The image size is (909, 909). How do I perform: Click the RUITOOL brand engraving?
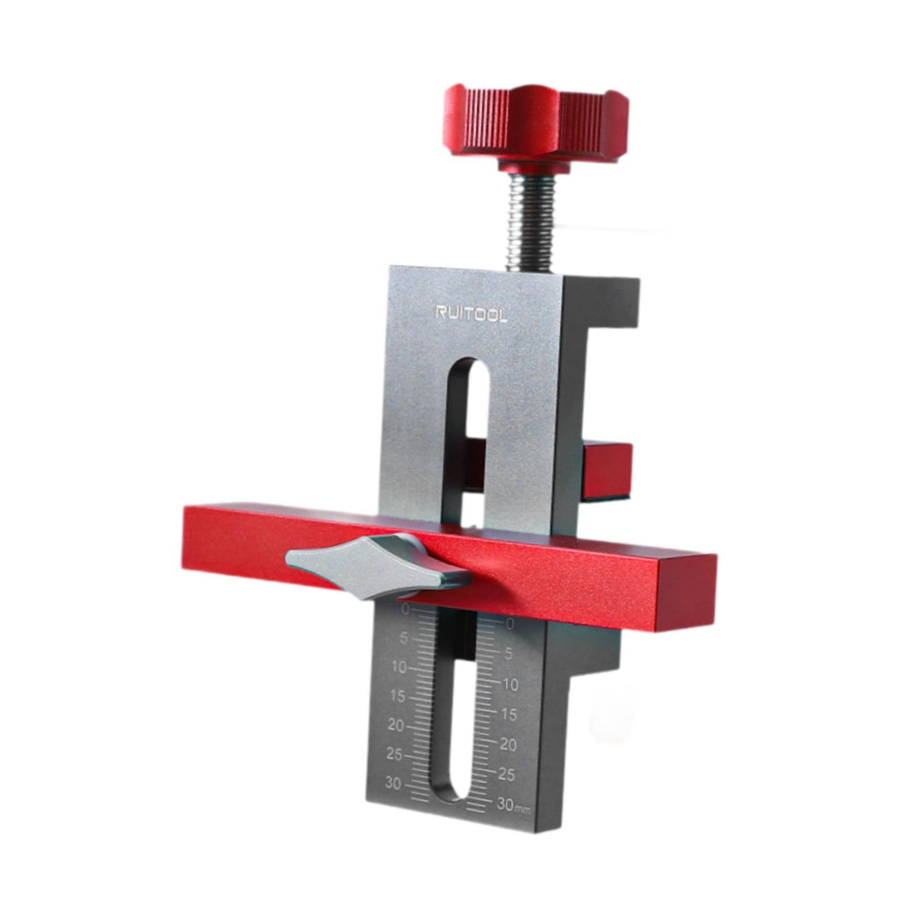tap(471, 314)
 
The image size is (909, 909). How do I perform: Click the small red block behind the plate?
tap(608, 469)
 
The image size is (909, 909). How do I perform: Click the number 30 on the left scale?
tap(393, 783)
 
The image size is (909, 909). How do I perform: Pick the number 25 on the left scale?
tap(394, 754)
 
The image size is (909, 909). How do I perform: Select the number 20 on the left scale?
tap(395, 725)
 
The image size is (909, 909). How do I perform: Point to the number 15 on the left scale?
tap(397, 696)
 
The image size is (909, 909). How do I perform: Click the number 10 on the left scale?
tap(399, 667)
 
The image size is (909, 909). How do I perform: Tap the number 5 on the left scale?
tap(404, 638)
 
